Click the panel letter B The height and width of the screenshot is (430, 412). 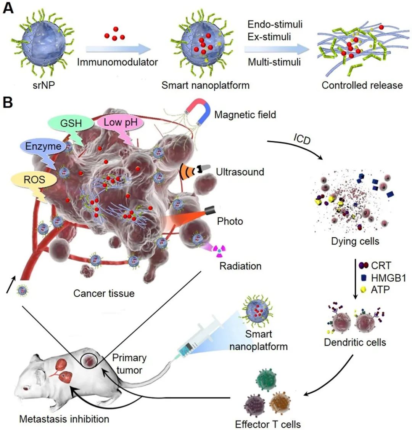coord(8,102)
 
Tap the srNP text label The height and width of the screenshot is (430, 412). coord(44,85)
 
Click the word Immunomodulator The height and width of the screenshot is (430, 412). coord(117,62)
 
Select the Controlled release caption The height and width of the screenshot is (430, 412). coord(362,85)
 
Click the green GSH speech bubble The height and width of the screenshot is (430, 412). coord(71,124)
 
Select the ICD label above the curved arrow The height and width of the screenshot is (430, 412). coord(302,139)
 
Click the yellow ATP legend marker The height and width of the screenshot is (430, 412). coord(364,289)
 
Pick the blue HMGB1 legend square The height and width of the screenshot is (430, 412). coord(364,278)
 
